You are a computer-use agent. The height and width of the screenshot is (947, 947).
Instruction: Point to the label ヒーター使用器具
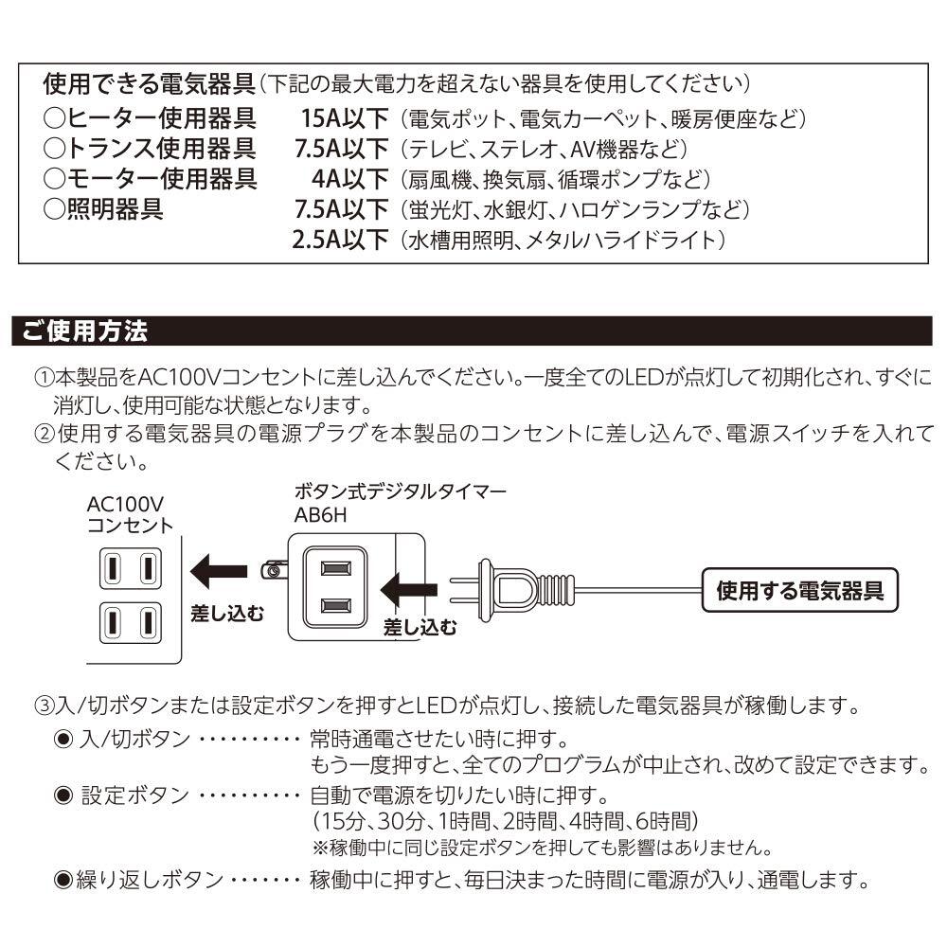point(149,119)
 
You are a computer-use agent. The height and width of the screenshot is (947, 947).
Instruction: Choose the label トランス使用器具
point(149,149)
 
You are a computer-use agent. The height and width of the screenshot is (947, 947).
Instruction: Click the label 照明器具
point(104,208)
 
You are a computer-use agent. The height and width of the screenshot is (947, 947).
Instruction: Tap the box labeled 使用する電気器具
point(800,592)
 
